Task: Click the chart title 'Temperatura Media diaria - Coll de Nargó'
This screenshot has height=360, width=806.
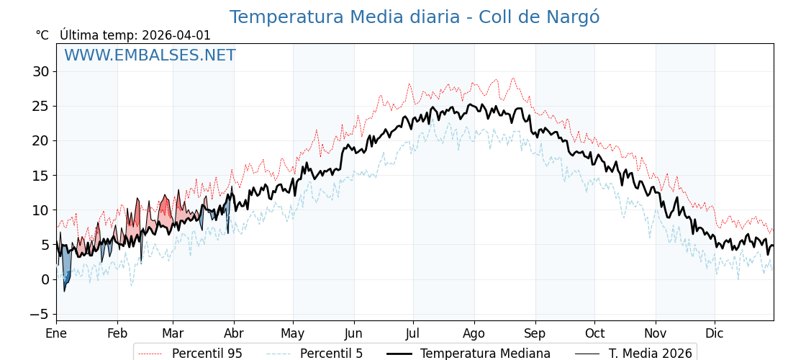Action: (414, 17)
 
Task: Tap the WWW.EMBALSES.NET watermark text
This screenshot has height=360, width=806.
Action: (150, 55)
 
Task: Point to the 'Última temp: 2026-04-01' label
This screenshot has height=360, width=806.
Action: (135, 35)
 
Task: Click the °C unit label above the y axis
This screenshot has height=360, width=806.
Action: (42, 35)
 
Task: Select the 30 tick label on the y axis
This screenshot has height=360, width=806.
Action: (40, 71)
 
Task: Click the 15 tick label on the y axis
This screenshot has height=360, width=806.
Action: (40, 175)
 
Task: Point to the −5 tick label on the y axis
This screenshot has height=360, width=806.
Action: (38, 314)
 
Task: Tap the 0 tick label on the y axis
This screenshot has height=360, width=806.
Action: (45, 279)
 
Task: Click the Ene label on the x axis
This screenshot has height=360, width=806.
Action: (56, 333)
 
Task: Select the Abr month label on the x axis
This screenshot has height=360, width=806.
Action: (233, 333)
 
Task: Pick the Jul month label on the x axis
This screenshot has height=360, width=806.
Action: (413, 333)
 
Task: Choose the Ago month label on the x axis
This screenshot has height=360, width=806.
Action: (474, 333)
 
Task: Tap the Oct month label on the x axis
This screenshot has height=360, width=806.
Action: (594, 333)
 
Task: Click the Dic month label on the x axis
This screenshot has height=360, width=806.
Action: (715, 333)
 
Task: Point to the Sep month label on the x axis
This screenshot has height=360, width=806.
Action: (535, 333)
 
